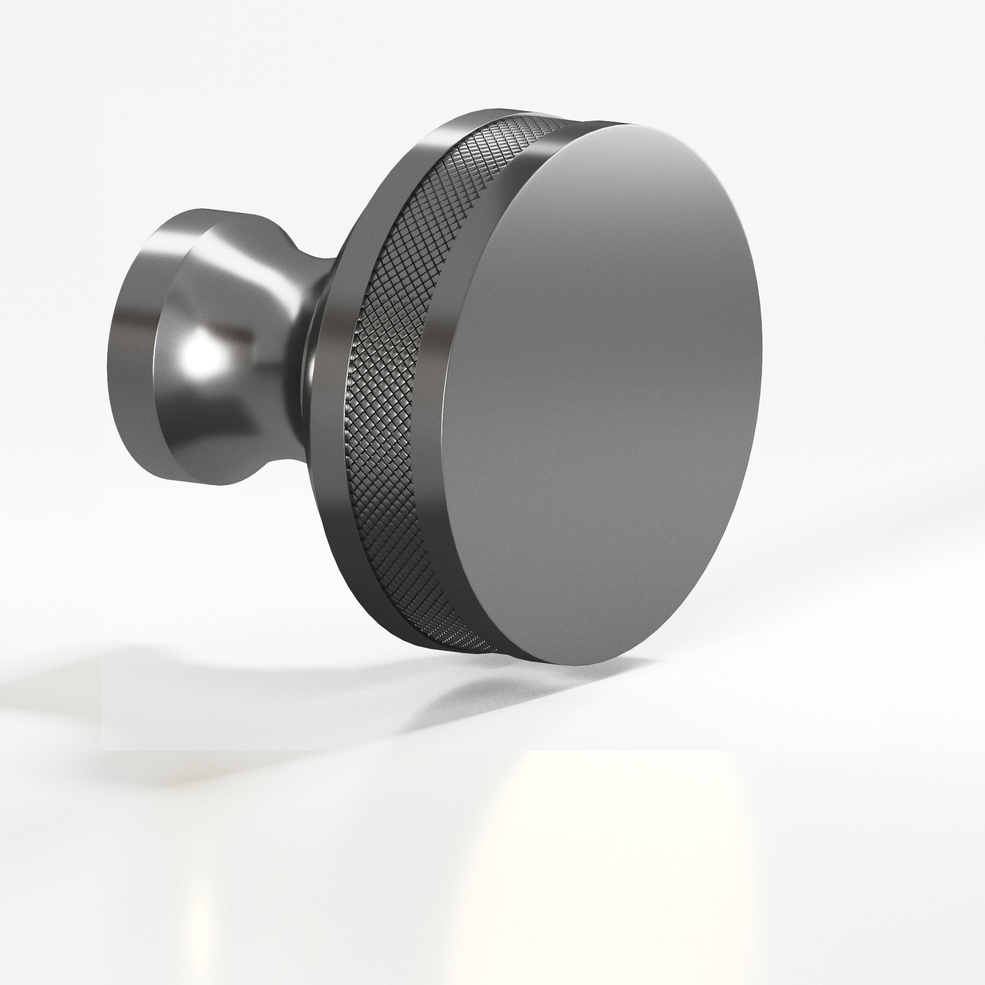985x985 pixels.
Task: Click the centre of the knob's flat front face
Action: (602, 393)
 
